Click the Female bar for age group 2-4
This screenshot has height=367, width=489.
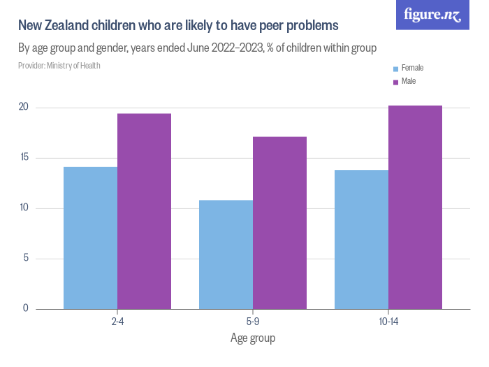[x=90, y=238]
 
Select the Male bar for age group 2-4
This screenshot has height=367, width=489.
[x=144, y=211]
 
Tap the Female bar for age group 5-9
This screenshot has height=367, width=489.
[x=226, y=254]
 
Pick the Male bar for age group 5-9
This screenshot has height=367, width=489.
[x=279, y=223]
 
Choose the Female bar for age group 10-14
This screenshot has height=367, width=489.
[x=361, y=239]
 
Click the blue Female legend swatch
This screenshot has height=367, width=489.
[x=395, y=69]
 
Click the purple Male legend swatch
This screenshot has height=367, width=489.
[x=395, y=82]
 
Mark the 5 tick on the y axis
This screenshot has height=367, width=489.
[x=25, y=259]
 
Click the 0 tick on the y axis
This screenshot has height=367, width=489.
[x=25, y=308]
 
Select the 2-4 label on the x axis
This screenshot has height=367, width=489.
[x=117, y=322]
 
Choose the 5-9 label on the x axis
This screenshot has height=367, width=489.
[x=253, y=322]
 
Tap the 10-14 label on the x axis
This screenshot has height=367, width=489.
[x=388, y=322]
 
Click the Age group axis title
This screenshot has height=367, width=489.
[x=253, y=338]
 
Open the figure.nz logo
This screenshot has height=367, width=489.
[x=432, y=15]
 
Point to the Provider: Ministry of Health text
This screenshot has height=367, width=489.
[x=59, y=66]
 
